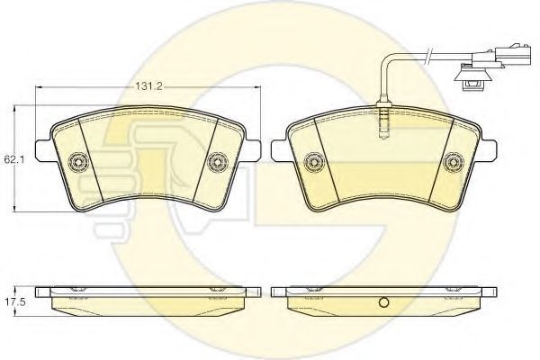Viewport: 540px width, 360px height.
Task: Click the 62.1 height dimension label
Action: (x=12, y=159)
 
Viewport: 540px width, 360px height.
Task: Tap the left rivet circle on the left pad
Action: (x=78, y=161)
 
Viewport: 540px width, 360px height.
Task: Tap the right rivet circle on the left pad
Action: (x=218, y=162)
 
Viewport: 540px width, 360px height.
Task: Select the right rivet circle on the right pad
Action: (x=454, y=162)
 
